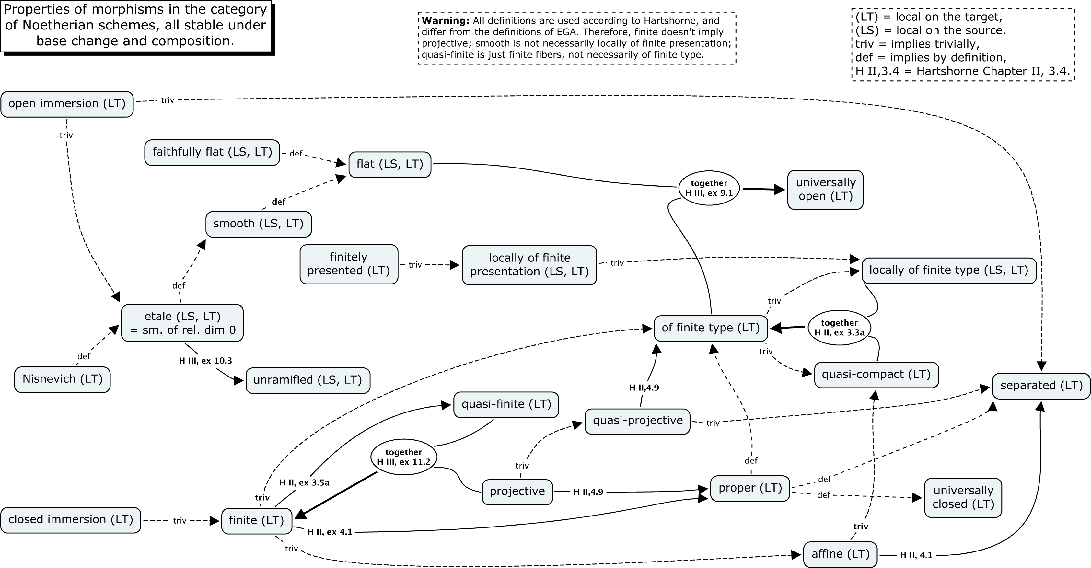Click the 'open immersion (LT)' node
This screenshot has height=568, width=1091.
click(67, 104)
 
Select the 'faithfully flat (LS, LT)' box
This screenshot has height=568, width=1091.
click(212, 152)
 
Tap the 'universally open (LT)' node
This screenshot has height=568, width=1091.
click(825, 189)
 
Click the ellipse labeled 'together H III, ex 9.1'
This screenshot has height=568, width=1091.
click(709, 188)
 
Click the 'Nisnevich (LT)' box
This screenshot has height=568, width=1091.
click(62, 379)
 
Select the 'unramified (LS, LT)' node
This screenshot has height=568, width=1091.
click(308, 380)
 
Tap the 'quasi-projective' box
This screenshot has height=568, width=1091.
click(637, 421)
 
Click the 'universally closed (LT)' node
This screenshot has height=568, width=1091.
click(963, 497)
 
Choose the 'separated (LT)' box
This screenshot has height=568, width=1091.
click(1041, 386)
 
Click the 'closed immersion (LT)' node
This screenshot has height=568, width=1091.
click(71, 520)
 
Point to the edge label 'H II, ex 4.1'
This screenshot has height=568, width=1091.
click(330, 532)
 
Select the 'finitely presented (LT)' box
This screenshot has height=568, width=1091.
click(349, 264)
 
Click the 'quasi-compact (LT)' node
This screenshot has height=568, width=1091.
click(876, 375)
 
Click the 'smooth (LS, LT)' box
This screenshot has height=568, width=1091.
click(258, 224)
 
